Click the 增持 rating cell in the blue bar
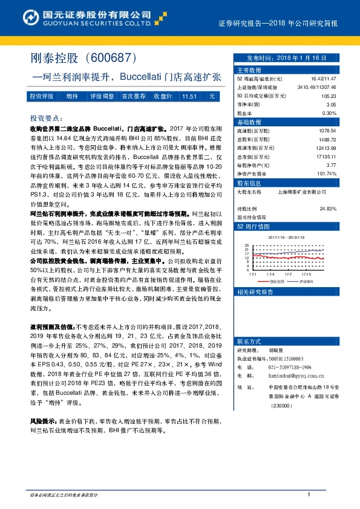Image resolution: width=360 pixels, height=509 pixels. pyautogui.click(x=72, y=96)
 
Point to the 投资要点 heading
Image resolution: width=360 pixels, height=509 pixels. pyautogui.click(x=46, y=118)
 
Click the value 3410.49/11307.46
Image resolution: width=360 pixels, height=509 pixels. pyautogui.click(x=317, y=88)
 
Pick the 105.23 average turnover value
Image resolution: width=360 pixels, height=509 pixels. pyautogui.click(x=329, y=96)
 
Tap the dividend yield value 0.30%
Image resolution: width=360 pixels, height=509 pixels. pyautogui.click(x=329, y=113)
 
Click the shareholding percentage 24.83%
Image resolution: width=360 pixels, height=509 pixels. pyautogui.click(x=327, y=209)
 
